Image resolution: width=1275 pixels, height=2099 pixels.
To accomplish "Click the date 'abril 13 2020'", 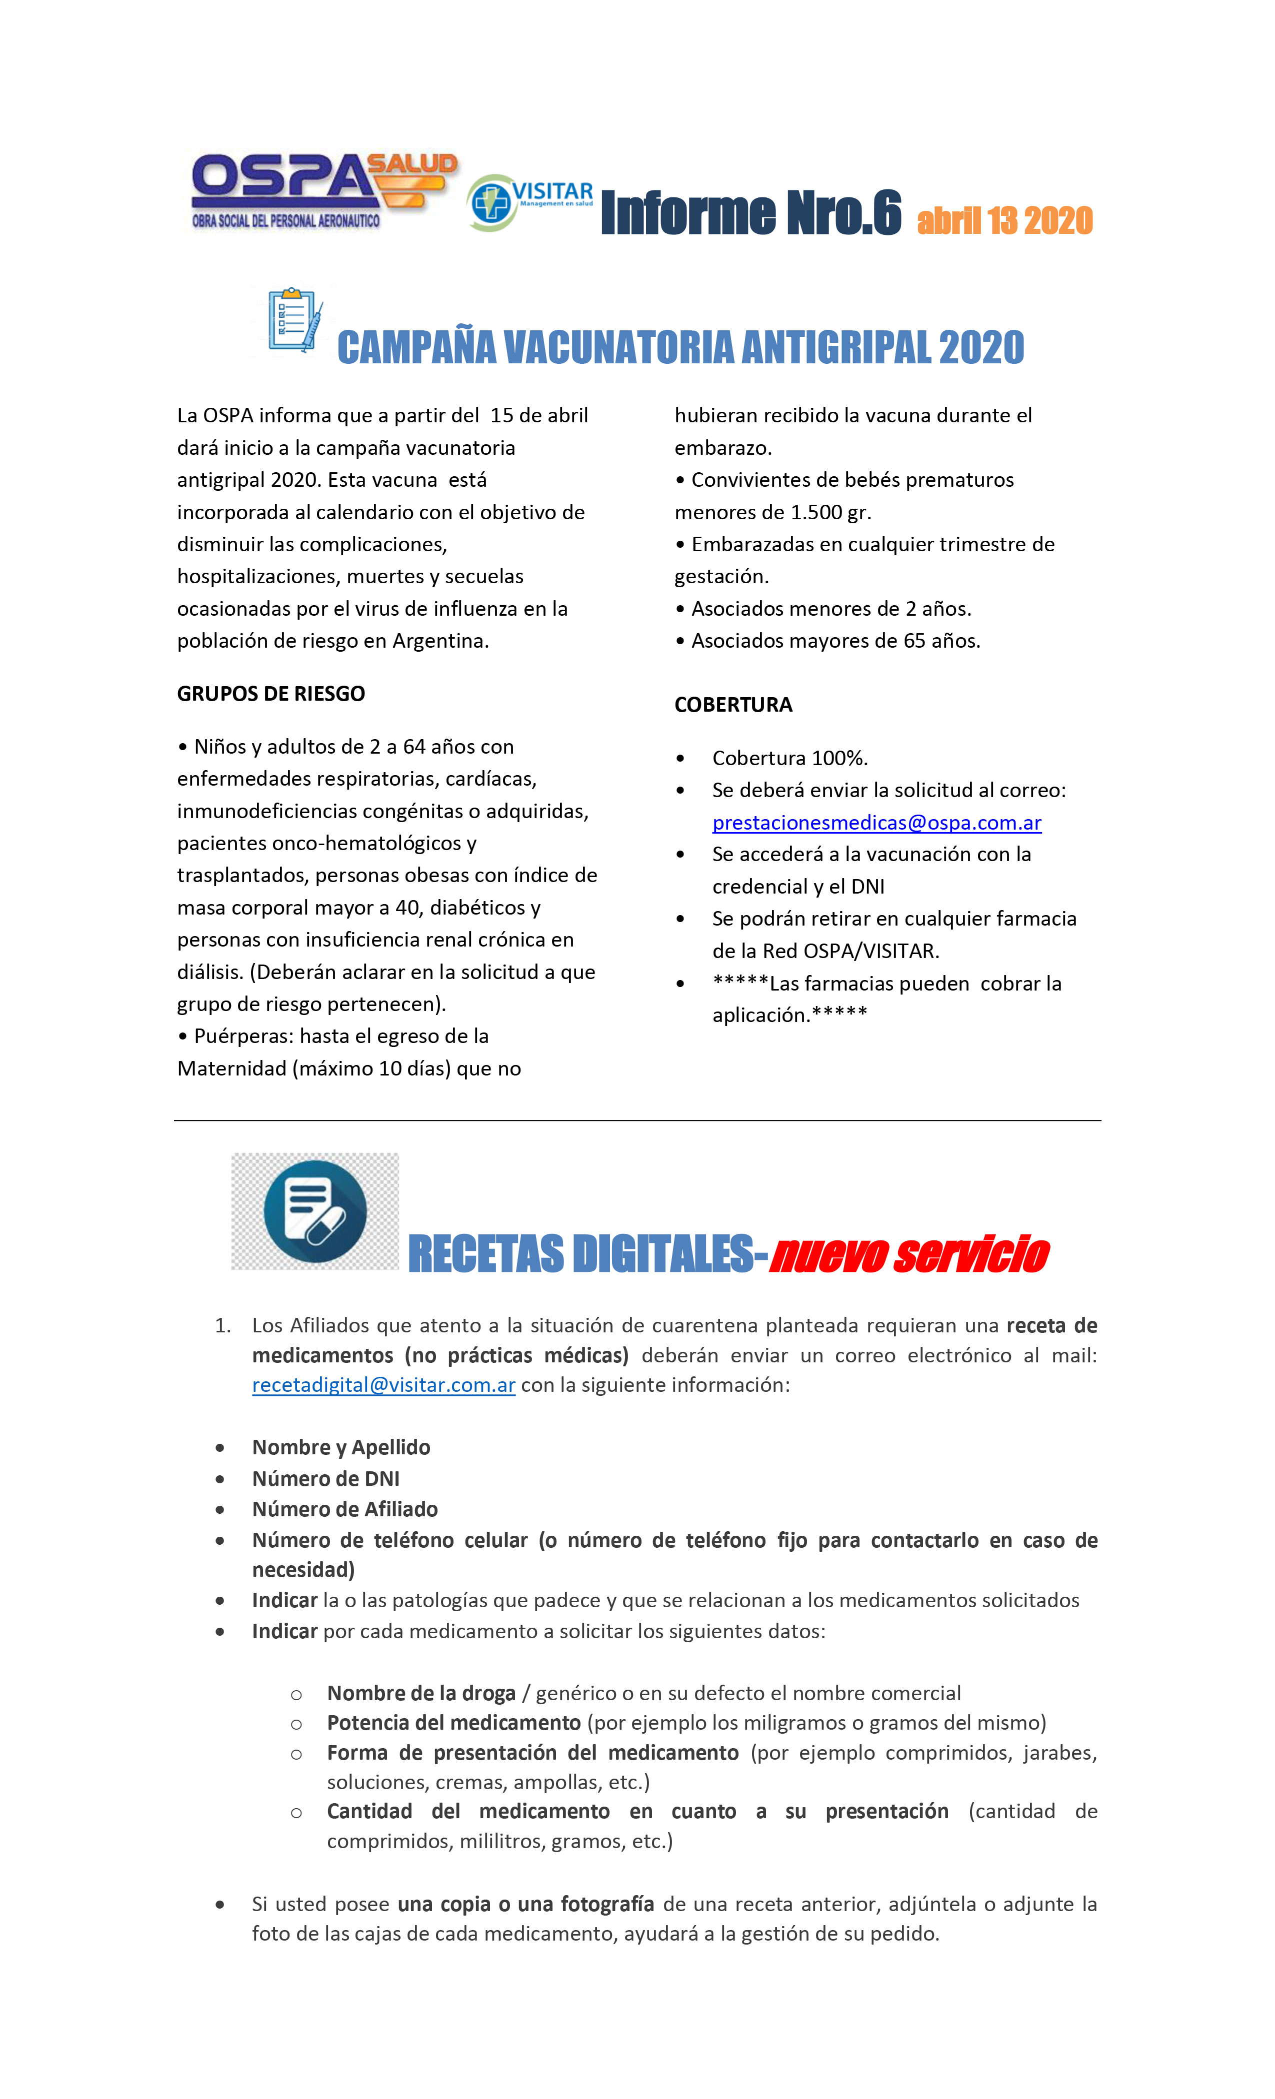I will (1004, 220).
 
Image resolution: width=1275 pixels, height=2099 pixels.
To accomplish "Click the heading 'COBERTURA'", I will (733, 705).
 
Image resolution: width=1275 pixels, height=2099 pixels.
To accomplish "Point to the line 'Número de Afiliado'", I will (344, 1509).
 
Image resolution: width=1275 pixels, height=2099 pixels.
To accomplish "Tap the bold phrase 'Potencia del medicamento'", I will (453, 1723).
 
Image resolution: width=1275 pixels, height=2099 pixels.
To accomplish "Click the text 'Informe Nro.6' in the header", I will (750, 213).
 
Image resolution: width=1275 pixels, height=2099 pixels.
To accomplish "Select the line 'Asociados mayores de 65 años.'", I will (835, 641).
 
